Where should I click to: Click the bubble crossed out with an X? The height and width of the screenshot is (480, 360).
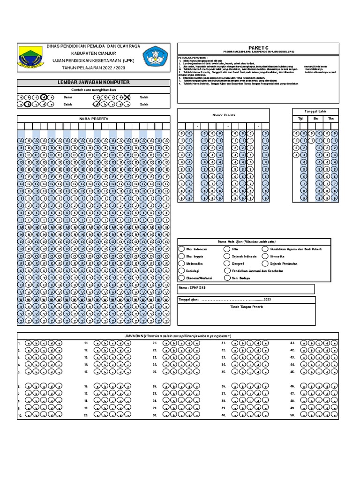click(127, 97)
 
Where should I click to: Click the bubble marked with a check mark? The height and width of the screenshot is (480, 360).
click(97, 105)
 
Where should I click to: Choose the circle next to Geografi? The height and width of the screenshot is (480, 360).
click(227, 264)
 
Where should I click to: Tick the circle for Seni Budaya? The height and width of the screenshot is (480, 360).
click(227, 278)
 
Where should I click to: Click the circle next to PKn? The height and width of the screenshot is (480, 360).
click(227, 249)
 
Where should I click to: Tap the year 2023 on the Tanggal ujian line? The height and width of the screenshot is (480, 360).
click(267, 299)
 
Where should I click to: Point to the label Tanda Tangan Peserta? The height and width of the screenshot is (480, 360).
click(247, 307)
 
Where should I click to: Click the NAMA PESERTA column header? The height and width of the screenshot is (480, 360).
click(93, 119)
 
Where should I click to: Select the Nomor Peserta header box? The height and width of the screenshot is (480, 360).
click(224, 115)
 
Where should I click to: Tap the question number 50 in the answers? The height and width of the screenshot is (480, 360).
click(292, 415)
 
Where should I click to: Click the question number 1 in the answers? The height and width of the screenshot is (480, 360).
click(19, 344)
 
